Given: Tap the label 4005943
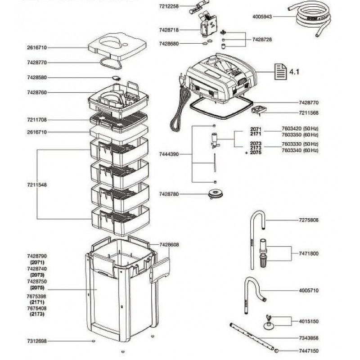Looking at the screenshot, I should [262, 17].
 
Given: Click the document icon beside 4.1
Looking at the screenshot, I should [280, 71].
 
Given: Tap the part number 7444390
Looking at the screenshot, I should [169, 154].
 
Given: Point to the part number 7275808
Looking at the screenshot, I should [308, 220].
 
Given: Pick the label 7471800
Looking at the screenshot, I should [308, 254].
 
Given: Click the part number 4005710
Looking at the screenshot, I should [308, 291].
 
